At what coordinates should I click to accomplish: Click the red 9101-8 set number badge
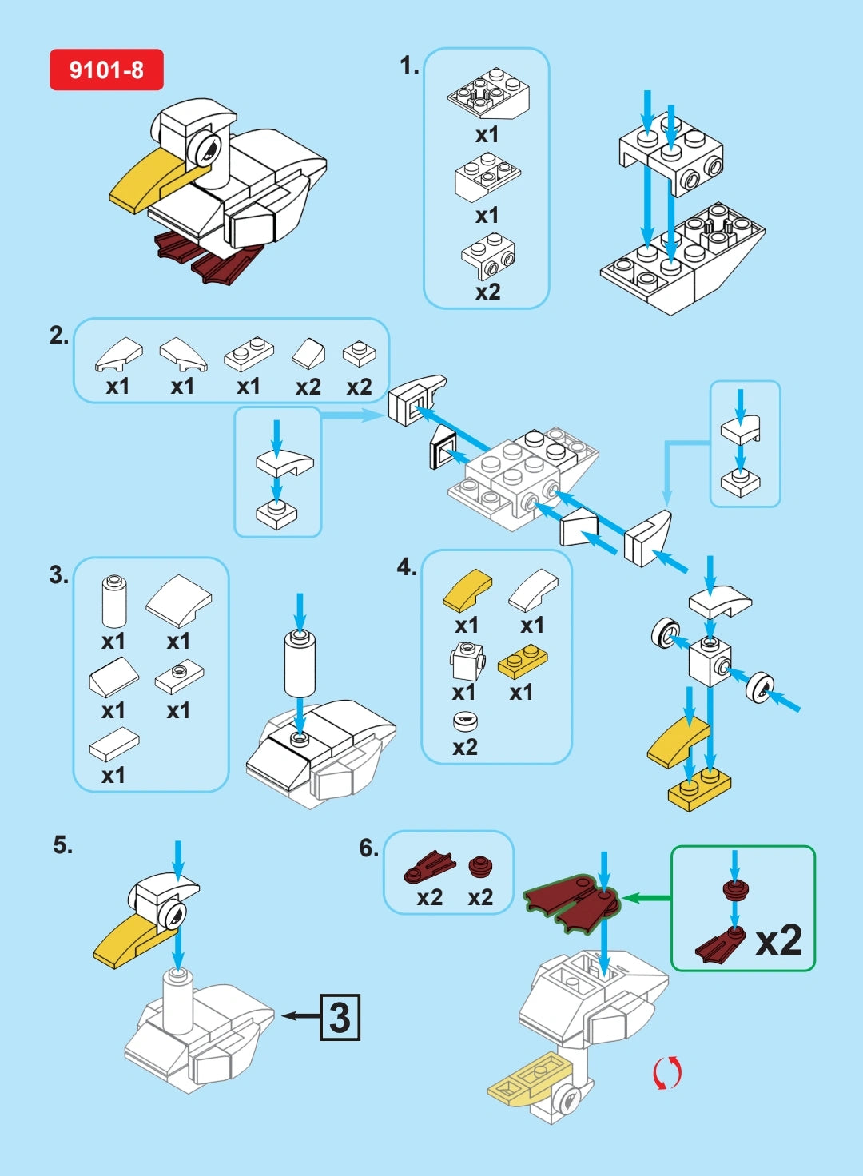tap(106, 70)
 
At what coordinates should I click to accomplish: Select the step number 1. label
tap(409, 66)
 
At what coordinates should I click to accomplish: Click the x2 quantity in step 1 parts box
tap(487, 292)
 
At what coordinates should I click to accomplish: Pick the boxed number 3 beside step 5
tap(340, 1017)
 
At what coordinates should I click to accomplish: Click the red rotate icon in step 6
tap(667, 1072)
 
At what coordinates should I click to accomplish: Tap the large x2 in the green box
tap(778, 940)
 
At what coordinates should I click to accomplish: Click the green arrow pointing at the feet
tap(646, 898)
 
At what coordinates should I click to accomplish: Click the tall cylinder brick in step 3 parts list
tap(114, 601)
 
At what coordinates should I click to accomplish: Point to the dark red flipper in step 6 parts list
tap(429, 866)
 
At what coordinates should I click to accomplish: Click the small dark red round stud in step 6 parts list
tap(480, 866)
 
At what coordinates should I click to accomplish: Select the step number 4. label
tap(406, 567)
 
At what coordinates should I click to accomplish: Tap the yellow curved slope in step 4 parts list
tap(468, 590)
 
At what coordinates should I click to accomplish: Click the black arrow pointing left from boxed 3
tap(301, 1016)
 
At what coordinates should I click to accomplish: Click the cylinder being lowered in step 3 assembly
tap(300, 662)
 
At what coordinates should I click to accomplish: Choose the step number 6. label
tap(368, 848)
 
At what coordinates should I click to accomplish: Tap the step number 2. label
tap(59, 336)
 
